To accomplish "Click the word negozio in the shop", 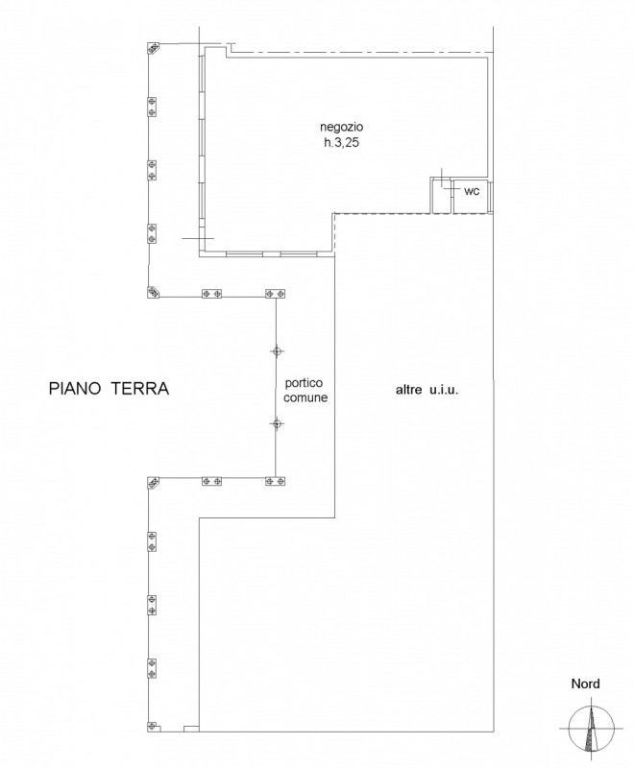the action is pyautogui.click(x=342, y=127).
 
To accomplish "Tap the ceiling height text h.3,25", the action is pyautogui.click(x=342, y=143).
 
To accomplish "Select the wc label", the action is pyautogui.click(x=472, y=191).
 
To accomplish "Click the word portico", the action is pyautogui.click(x=305, y=382).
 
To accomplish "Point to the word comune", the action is pyautogui.click(x=305, y=397).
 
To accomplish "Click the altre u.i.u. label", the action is pyautogui.click(x=427, y=391).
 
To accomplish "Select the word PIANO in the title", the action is pyautogui.click(x=75, y=389).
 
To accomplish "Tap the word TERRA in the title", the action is pyautogui.click(x=139, y=389).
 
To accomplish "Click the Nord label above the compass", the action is pyautogui.click(x=585, y=684).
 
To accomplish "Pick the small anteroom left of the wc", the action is pyautogui.click(x=441, y=196).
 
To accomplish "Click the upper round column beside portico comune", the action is pyautogui.click(x=277, y=351).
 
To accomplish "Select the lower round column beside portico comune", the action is pyautogui.click(x=277, y=423).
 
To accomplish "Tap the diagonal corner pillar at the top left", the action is pyautogui.click(x=154, y=48).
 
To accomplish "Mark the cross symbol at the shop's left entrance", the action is pyautogui.click(x=199, y=238).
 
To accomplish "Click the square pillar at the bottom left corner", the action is pyautogui.click(x=154, y=727).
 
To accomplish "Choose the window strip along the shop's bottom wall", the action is pyautogui.click(x=272, y=254).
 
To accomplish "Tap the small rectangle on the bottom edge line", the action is pyautogui.click(x=191, y=729).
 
